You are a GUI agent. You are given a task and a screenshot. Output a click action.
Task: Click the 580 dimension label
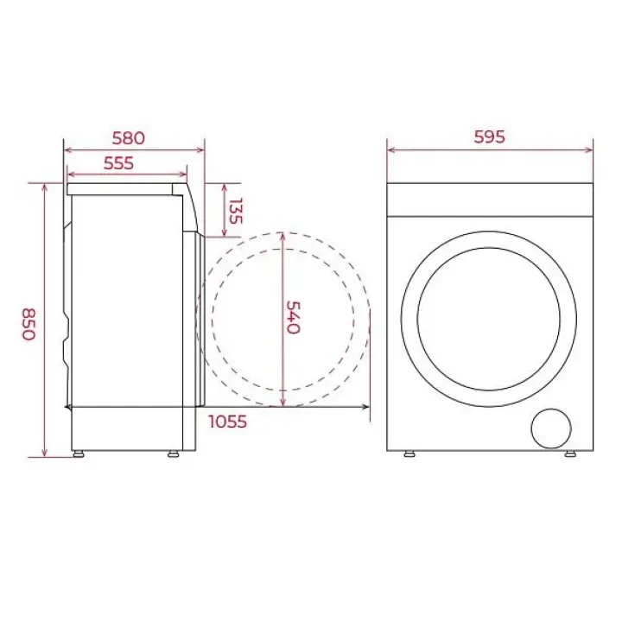click(x=128, y=138)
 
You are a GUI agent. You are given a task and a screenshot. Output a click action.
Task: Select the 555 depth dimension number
click(x=118, y=163)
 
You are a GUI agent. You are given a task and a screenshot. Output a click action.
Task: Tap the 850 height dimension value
click(x=29, y=324)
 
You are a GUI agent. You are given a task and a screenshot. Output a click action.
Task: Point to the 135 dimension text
click(x=236, y=211)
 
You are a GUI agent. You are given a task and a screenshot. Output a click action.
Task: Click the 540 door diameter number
click(x=294, y=317)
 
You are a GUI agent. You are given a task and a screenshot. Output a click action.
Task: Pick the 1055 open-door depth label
click(x=228, y=422)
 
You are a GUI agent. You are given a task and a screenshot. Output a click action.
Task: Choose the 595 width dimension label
click(x=490, y=136)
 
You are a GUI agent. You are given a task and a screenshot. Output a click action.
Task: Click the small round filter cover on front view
click(x=551, y=428)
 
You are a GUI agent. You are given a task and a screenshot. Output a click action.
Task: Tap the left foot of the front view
click(x=409, y=454)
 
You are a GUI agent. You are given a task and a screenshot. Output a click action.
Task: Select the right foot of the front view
click(x=570, y=454)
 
